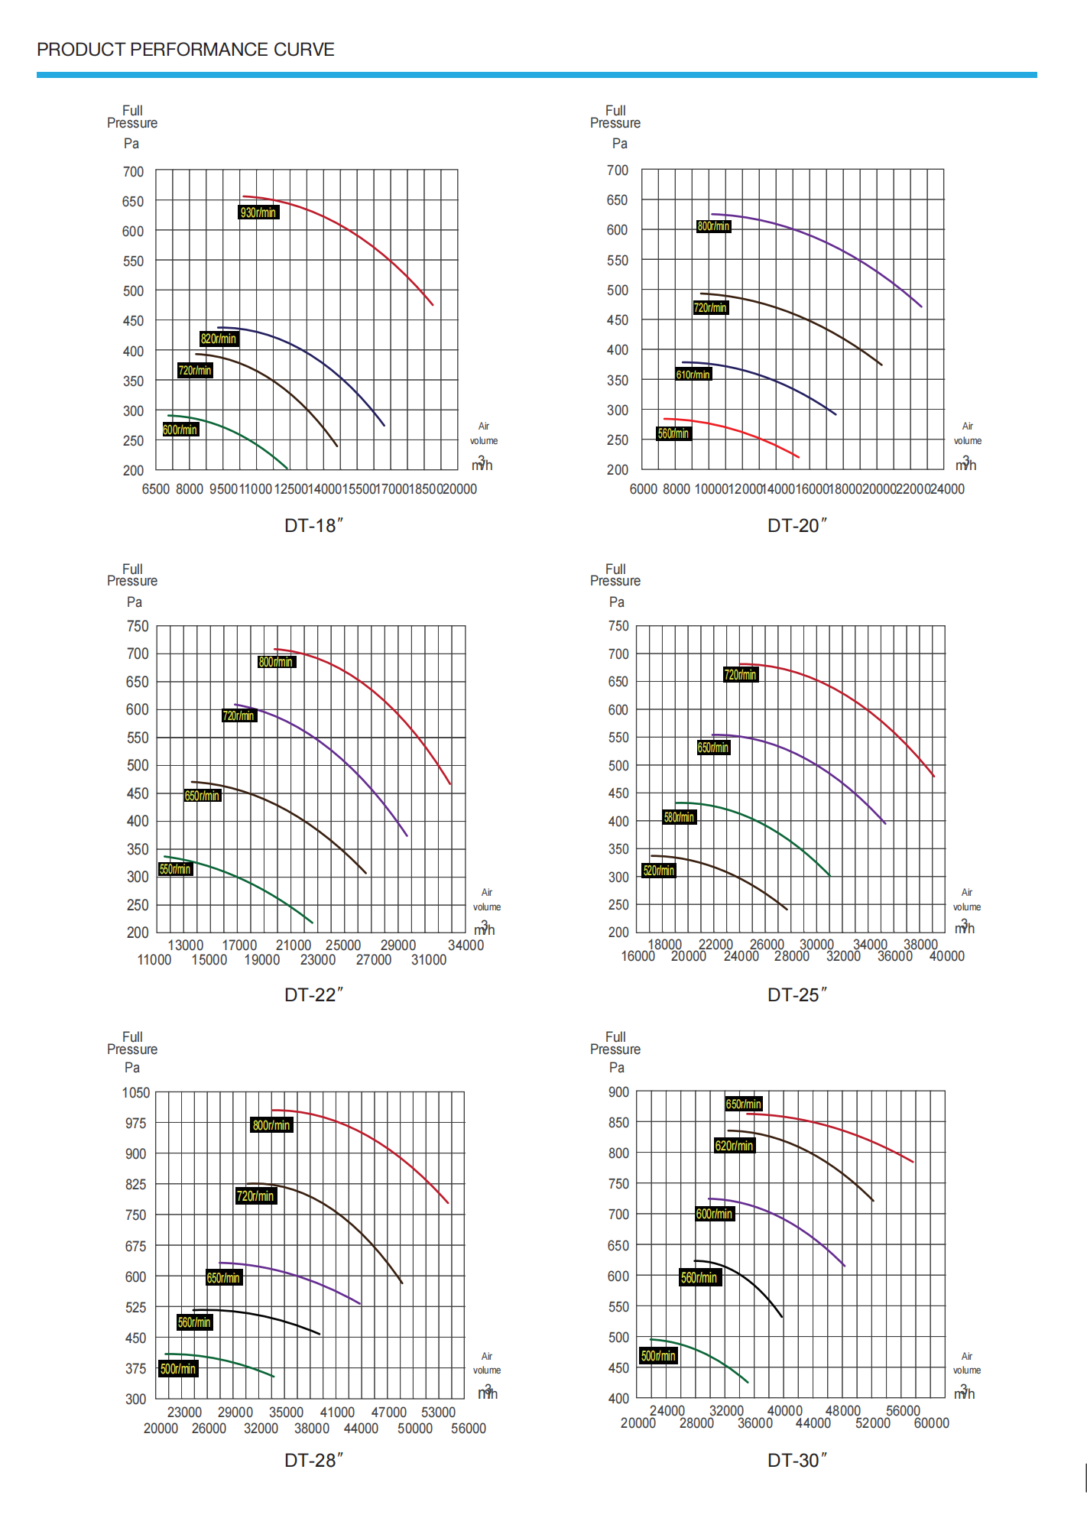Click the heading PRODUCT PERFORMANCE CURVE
(x=186, y=50)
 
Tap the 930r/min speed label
(x=258, y=212)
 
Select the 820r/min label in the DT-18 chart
(x=219, y=339)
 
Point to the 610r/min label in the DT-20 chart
(x=693, y=375)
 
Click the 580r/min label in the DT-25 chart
(x=679, y=817)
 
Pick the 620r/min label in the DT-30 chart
(x=735, y=1145)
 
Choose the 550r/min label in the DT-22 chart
(x=175, y=869)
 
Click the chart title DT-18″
(x=313, y=526)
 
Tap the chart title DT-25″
(x=797, y=994)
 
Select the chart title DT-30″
(x=797, y=1460)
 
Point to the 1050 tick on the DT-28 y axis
(x=136, y=1092)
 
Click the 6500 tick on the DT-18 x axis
(x=156, y=489)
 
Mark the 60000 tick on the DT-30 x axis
(x=932, y=1423)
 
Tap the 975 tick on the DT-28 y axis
(x=136, y=1123)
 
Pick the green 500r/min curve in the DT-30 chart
(x=703, y=1353)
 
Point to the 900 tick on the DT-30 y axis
(x=618, y=1092)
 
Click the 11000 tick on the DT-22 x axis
(x=154, y=960)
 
